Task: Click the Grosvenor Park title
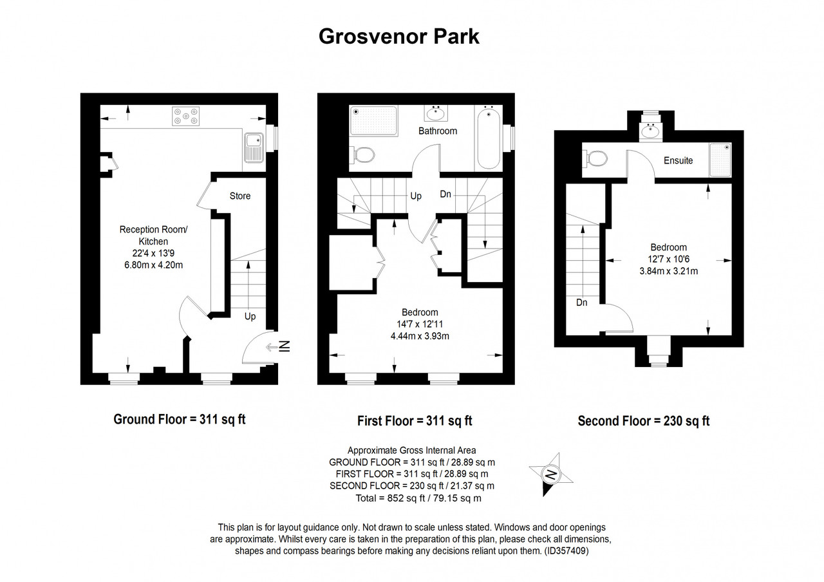click(398, 37)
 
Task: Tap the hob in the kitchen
click(186, 117)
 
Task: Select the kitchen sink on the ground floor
click(254, 148)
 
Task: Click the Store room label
click(240, 196)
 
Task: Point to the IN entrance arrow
click(278, 346)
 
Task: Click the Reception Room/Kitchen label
click(153, 236)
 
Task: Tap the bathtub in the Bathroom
click(489, 137)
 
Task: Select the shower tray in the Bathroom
click(374, 120)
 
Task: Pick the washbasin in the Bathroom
click(436, 113)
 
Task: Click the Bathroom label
click(438, 131)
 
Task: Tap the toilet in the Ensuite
click(595, 158)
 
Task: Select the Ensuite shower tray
click(720, 160)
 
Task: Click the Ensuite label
click(678, 160)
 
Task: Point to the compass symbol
click(550, 474)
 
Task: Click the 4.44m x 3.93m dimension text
click(420, 336)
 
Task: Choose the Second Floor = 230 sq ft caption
click(643, 421)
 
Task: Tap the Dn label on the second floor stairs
click(581, 303)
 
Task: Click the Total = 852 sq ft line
click(418, 498)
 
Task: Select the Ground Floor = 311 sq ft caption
click(179, 419)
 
